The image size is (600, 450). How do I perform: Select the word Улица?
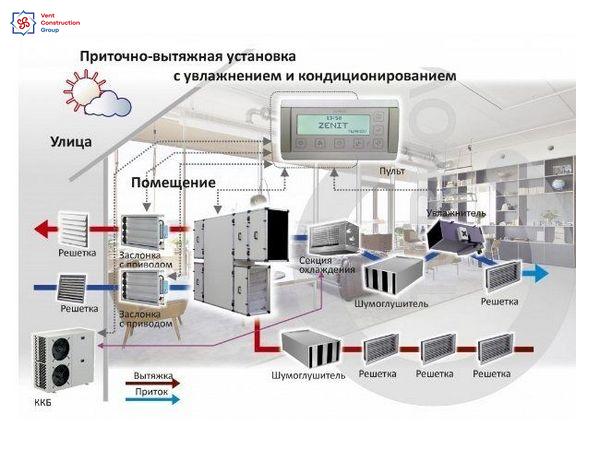coord(71,142)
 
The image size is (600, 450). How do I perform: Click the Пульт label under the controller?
coord(392,172)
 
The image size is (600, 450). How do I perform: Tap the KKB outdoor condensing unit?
coord(62,362)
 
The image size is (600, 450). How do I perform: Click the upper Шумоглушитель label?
coord(392,302)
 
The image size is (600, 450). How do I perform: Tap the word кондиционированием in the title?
coord(381,75)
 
